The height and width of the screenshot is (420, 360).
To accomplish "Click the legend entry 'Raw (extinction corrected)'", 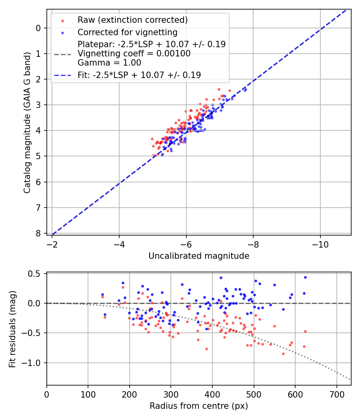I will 132,20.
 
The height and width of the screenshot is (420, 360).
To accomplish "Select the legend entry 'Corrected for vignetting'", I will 127,32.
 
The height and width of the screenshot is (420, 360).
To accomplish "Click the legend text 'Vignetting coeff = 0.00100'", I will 134,54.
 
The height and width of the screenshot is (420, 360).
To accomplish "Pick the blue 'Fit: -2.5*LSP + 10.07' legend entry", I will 139,75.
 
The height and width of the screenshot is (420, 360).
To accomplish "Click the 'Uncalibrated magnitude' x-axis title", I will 199,256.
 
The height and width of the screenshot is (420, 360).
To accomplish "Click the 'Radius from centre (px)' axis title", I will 199,406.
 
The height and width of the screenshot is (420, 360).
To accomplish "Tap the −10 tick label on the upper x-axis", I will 320,244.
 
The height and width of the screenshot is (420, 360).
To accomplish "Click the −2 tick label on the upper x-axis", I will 52,244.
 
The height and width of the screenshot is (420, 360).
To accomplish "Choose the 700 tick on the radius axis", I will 336,394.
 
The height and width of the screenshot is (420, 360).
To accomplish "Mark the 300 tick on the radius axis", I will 171,394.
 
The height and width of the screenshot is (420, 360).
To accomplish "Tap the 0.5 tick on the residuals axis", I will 35,274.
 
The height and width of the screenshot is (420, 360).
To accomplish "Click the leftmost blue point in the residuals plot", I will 102,294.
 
